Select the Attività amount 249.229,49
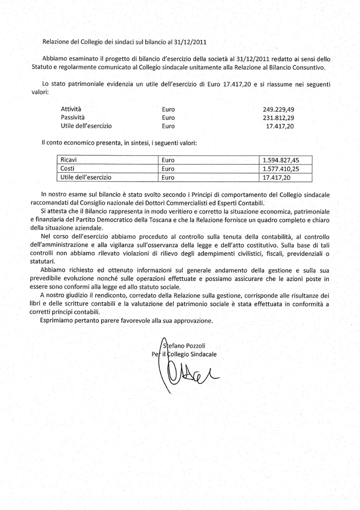[278, 109]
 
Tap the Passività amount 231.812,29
[278, 118]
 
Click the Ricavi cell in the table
[69, 160]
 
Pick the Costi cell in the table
[68, 169]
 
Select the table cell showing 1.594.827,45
[280, 160]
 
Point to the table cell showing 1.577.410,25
[280, 169]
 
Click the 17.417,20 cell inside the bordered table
[276, 177]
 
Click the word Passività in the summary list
[73, 118]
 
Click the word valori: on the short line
[39, 93]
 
